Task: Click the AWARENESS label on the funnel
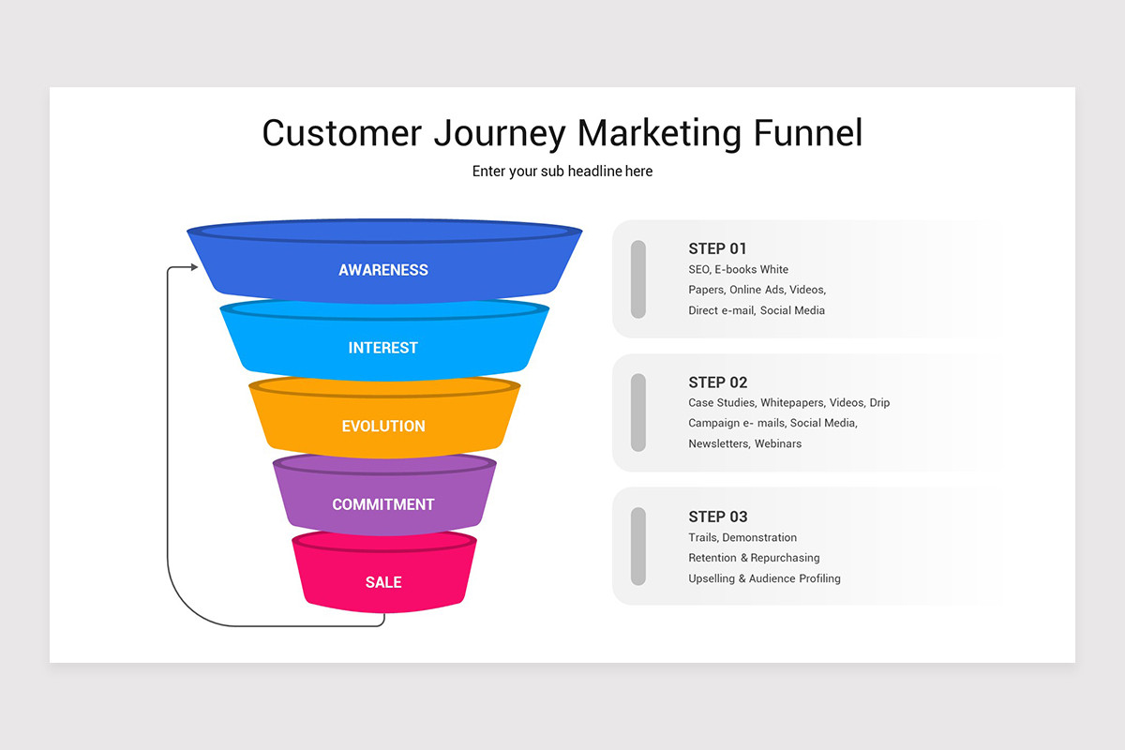383,270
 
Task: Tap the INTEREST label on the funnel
383,348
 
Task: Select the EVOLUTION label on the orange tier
383,427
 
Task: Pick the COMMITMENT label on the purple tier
383,504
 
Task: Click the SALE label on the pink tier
383,582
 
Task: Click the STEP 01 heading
717,248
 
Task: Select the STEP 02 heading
717,382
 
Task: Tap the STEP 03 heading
717,517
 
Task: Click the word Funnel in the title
807,133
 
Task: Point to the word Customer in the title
342,133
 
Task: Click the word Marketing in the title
659,133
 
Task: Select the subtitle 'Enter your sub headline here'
562,172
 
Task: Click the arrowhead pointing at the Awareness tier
193,267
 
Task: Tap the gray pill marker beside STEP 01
638,278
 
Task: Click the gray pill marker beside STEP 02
638,412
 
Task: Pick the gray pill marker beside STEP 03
638,547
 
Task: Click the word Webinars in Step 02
778,443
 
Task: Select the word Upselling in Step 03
712,578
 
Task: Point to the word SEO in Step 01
699,269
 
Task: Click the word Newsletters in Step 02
718,443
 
